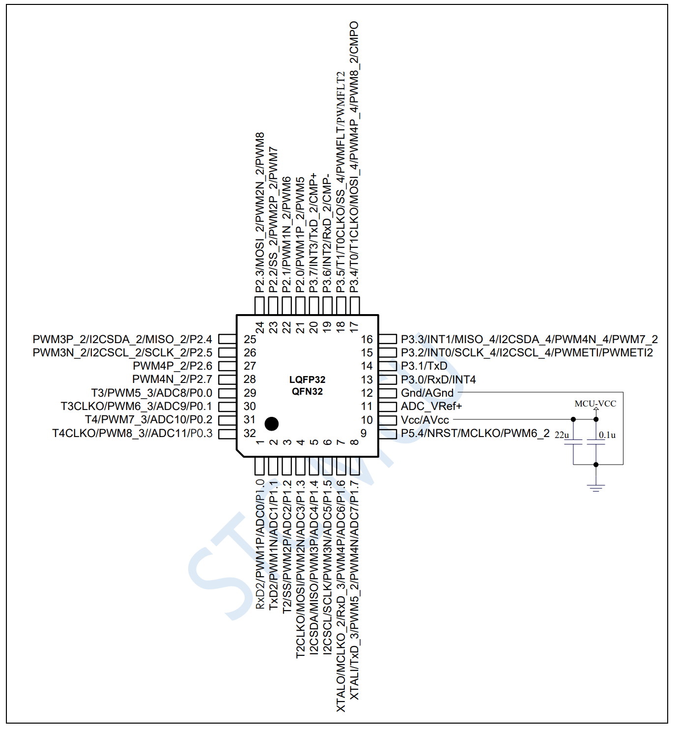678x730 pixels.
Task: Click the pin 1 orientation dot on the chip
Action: (271, 423)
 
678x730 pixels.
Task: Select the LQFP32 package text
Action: (307, 380)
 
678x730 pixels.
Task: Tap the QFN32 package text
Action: (307, 391)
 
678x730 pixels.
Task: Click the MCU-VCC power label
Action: (595, 404)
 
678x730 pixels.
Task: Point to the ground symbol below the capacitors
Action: (595, 487)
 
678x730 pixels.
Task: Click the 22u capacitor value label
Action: (562, 435)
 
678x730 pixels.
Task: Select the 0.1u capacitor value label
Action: (607, 435)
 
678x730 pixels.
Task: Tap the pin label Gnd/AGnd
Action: (427, 393)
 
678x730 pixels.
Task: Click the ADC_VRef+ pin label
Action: (431, 406)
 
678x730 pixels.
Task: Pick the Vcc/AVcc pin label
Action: (425, 420)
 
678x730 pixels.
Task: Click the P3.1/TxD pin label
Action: (424, 366)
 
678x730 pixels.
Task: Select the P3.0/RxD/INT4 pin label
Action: (438, 380)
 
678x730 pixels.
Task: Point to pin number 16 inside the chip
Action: (367, 339)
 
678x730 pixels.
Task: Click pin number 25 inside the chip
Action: (250, 339)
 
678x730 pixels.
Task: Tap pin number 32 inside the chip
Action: (250, 433)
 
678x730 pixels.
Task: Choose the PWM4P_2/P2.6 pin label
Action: (172, 366)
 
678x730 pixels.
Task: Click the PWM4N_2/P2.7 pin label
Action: (172, 379)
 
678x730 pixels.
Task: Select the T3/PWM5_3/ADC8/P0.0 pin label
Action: (151, 393)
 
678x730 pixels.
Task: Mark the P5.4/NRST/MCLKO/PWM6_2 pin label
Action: (475, 433)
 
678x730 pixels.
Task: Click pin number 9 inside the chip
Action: (364, 433)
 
